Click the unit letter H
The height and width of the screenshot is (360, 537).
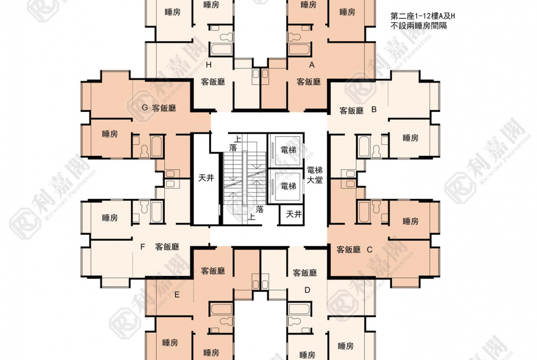pyautogui.click(x=208, y=65)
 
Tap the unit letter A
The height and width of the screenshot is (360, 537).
pyautogui.click(x=312, y=65)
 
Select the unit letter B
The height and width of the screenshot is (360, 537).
pyautogui.click(x=374, y=110)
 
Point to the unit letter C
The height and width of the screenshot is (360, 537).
pyautogui.click(x=369, y=249)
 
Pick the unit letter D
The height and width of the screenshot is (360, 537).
pyautogui.click(x=307, y=289)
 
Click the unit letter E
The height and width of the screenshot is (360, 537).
pyautogui.click(x=177, y=295)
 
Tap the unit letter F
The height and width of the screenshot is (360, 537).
pyautogui.click(x=143, y=247)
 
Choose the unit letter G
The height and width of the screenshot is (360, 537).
pyautogui.click(x=145, y=108)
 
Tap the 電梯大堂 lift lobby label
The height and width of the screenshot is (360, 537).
pyautogui.click(x=315, y=175)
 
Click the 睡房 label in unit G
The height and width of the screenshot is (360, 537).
pyautogui.click(x=110, y=134)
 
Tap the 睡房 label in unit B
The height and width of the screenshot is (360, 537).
pyautogui.click(x=410, y=138)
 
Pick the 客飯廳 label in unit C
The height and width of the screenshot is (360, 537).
pyautogui.click(x=348, y=249)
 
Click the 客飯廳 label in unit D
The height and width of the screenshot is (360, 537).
pyautogui.click(x=305, y=273)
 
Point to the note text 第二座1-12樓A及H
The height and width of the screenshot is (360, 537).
pyautogui.click(x=422, y=17)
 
